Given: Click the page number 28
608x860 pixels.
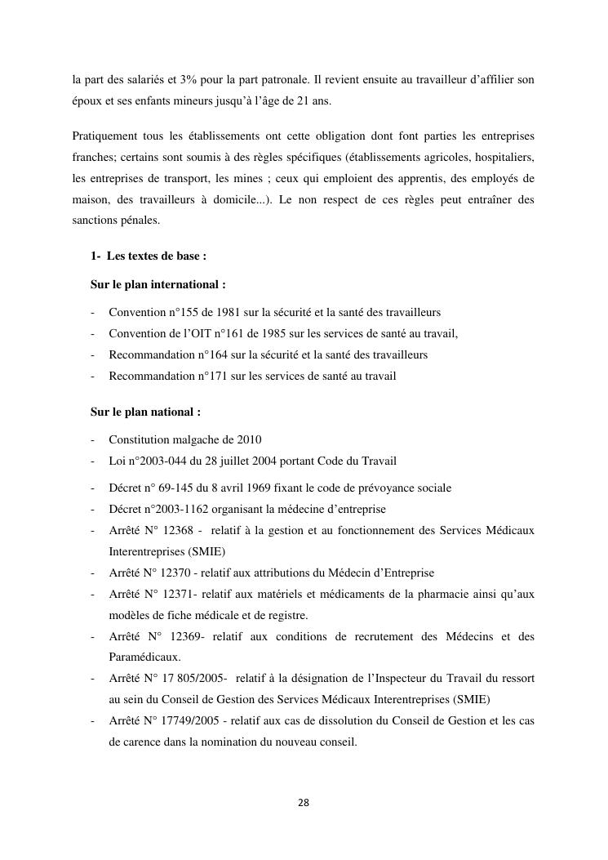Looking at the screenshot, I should click(x=304, y=802).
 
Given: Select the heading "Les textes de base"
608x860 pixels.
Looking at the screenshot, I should click(x=155, y=256).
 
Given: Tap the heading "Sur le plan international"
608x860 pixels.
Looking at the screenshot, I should click(x=158, y=285).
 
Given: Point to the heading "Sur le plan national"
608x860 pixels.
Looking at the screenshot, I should click(x=145, y=412).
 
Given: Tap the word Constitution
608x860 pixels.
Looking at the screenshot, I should click(x=140, y=439).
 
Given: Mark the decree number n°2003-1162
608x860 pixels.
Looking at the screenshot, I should click(x=177, y=509).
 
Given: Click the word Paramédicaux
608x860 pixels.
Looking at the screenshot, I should click(x=144, y=657).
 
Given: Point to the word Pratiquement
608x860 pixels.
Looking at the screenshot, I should click(x=105, y=134).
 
